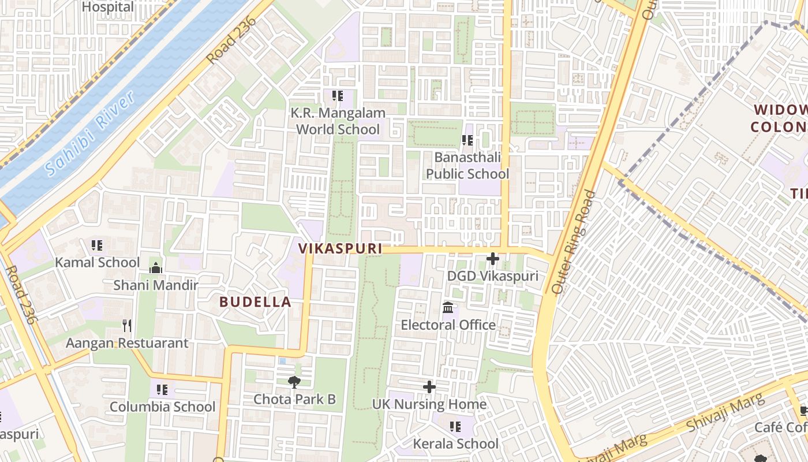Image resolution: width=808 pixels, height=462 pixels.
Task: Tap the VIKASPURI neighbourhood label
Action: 340,248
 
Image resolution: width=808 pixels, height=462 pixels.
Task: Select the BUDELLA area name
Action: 255,301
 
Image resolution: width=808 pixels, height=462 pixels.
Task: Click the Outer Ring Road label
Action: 574,241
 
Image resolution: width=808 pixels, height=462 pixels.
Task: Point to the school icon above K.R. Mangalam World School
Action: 338,96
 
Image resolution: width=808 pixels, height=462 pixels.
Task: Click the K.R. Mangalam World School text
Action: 338,121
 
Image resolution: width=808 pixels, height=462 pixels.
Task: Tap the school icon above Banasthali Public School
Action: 467,140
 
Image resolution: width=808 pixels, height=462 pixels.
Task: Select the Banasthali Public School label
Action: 467,166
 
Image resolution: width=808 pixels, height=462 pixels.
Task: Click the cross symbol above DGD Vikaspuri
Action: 492,259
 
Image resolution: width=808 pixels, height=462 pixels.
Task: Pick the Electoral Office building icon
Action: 448,307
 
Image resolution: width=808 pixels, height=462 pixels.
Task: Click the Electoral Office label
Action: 448,325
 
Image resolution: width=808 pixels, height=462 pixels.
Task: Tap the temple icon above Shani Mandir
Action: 155,268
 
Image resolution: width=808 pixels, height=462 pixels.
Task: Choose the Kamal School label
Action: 98,263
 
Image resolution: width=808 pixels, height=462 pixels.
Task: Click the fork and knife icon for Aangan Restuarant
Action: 127,326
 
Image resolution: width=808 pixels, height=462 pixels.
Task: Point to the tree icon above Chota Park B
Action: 294,382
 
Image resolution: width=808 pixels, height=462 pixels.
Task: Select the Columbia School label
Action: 162,407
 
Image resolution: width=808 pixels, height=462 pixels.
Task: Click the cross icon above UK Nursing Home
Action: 429,386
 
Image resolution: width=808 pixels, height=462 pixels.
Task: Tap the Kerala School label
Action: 455,444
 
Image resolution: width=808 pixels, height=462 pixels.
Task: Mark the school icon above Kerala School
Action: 455,427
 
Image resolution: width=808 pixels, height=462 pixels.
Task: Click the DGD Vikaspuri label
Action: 492,276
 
